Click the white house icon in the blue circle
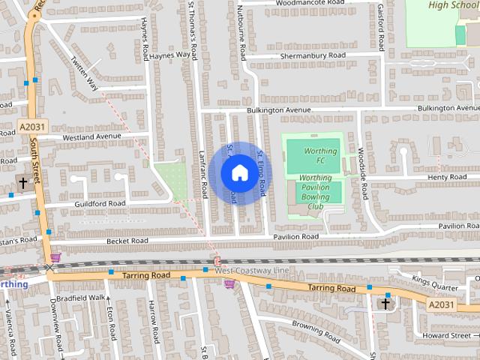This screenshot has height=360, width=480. point(238,173)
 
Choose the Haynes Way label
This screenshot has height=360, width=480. point(169,55)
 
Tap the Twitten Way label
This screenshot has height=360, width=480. point(84,73)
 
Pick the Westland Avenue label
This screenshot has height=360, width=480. point(91,136)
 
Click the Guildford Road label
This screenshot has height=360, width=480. point(100,203)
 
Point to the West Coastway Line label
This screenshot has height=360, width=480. point(255,270)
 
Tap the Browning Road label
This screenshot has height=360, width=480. point(317,326)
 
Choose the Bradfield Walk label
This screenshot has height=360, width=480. point(85,297)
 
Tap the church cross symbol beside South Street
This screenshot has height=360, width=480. point(22,182)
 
